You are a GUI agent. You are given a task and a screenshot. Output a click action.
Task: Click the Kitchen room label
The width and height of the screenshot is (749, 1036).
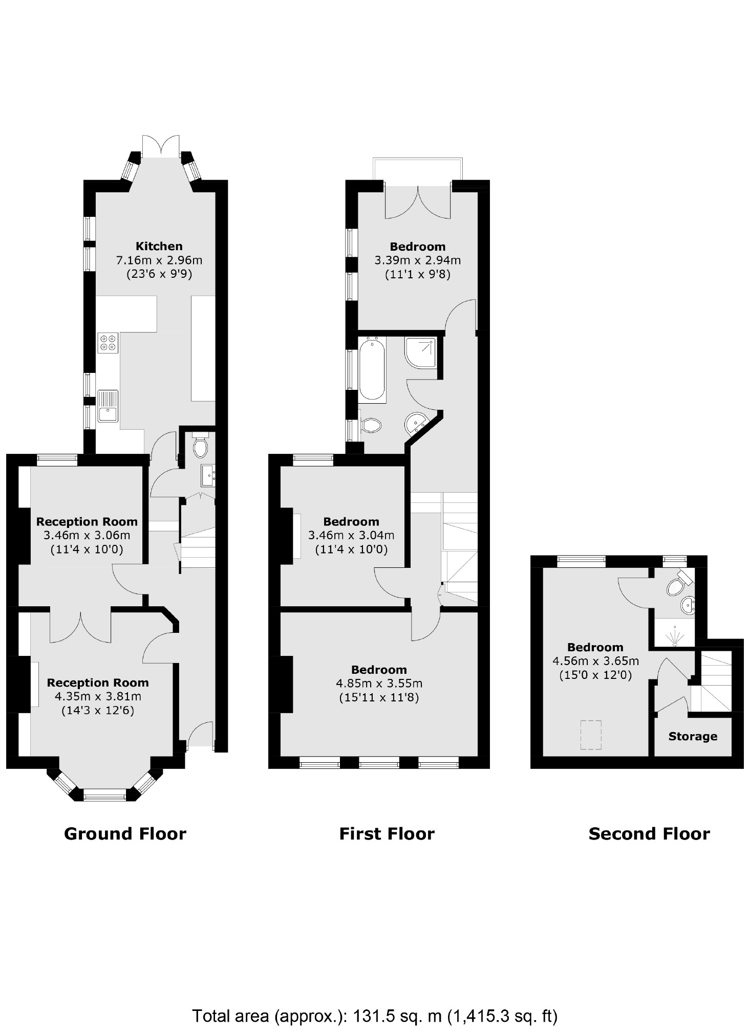pyautogui.click(x=159, y=246)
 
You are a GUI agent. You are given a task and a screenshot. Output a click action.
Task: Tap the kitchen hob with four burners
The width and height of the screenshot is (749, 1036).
pyautogui.click(x=108, y=342)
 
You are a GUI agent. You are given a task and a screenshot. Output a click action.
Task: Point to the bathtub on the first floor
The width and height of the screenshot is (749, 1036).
pyautogui.click(x=372, y=369)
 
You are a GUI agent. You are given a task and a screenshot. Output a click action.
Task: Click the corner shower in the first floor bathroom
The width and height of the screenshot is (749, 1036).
pyautogui.click(x=421, y=352)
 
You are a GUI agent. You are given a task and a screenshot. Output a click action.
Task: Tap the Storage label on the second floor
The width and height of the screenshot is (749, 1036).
pyautogui.click(x=693, y=737)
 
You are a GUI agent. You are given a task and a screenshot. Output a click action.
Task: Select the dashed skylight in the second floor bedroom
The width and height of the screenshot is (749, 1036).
pyautogui.click(x=591, y=735)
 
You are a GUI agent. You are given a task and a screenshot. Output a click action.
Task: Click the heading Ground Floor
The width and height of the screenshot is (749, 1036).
pyautogui.click(x=125, y=834)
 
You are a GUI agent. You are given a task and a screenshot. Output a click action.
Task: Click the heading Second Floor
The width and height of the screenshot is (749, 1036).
pyautogui.click(x=649, y=834)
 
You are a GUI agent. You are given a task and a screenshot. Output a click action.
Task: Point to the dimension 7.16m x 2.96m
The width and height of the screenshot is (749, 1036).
pyautogui.click(x=159, y=260)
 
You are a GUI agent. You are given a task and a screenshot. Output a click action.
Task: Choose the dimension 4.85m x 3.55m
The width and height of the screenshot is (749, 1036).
pyautogui.click(x=379, y=684)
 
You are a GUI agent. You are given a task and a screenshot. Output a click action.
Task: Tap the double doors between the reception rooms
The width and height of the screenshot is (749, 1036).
pyautogui.click(x=80, y=627)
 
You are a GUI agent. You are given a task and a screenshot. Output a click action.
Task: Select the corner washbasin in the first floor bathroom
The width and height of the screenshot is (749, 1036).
pyautogui.click(x=416, y=423)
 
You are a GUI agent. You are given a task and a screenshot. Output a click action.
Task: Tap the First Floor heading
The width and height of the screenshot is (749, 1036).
pyautogui.click(x=387, y=834)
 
